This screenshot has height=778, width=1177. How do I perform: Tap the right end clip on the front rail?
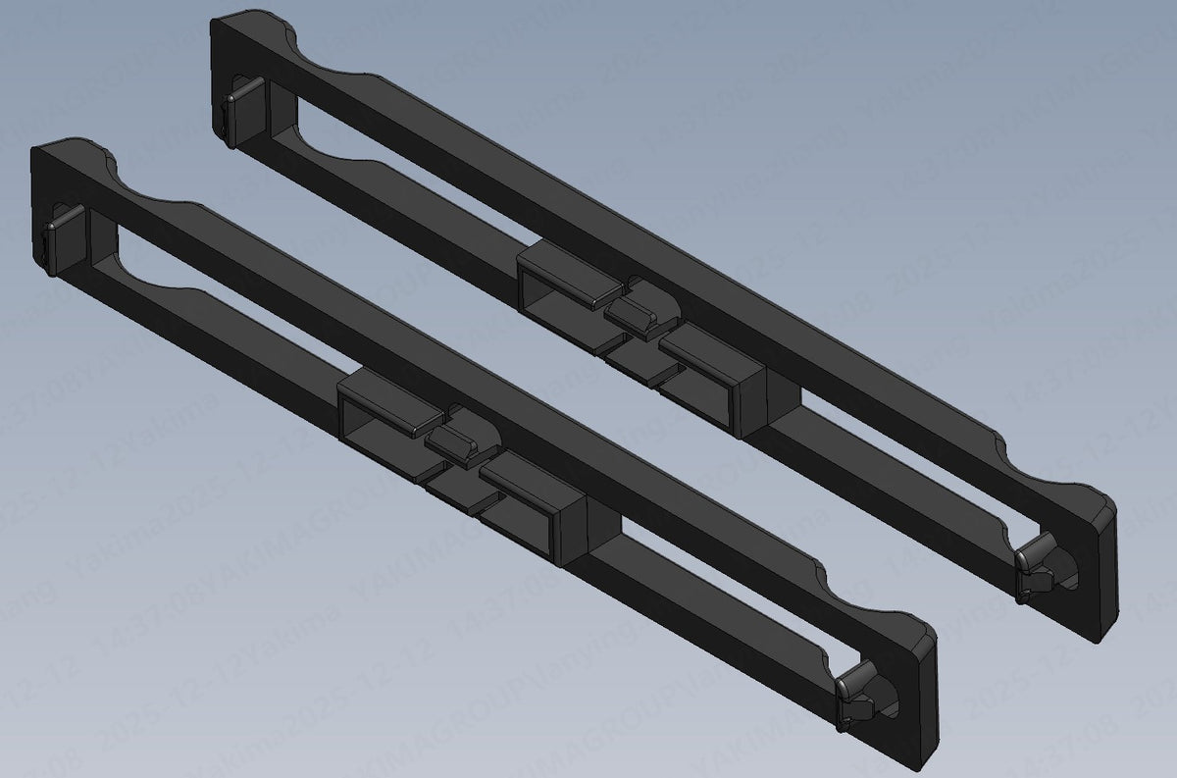coord(856,696)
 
